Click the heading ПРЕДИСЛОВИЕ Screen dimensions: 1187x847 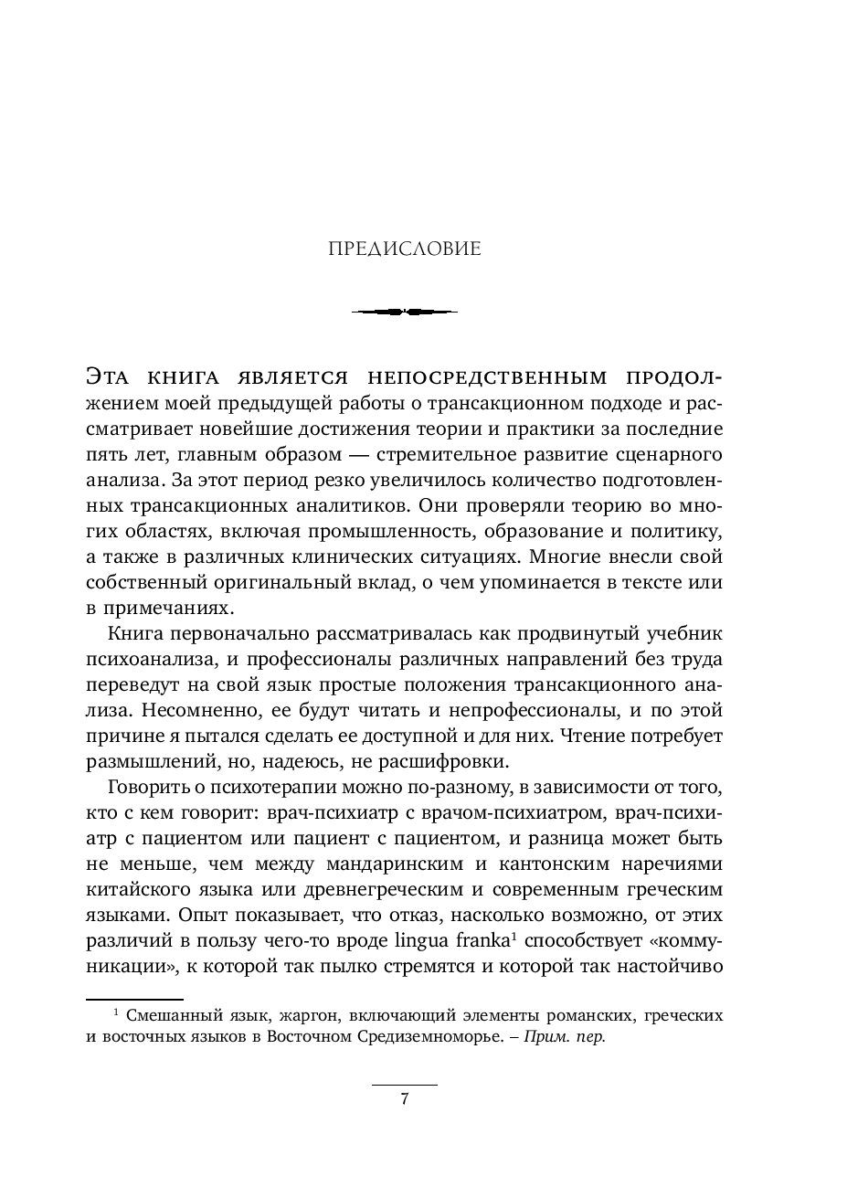404,249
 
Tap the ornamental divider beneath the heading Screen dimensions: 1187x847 404,312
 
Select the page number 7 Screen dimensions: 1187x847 404,1099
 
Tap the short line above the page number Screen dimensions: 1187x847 404,1085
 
